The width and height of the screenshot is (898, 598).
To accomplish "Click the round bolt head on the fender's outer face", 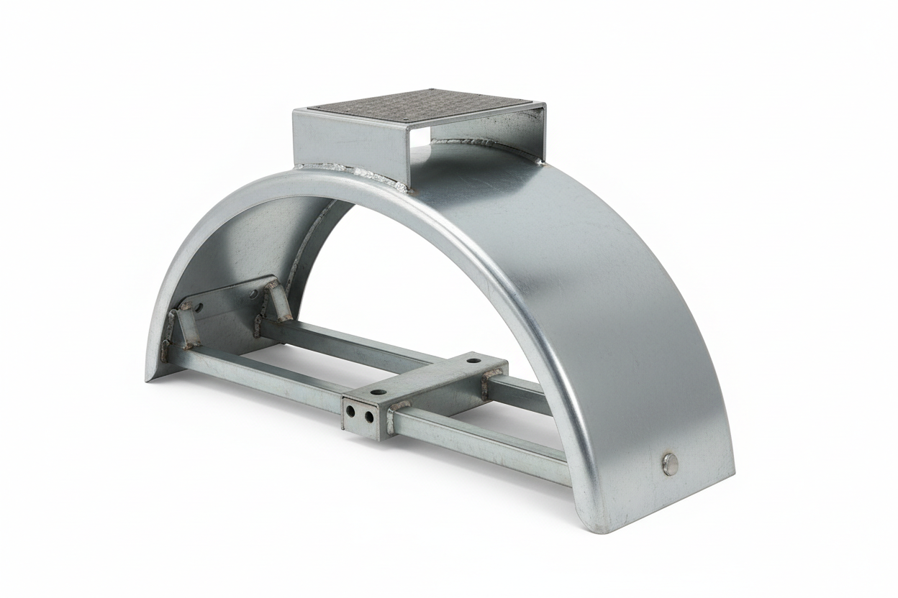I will tap(670, 464).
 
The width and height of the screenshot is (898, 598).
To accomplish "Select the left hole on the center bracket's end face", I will tap(351, 413).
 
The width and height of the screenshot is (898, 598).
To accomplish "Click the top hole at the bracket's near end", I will tap(378, 392).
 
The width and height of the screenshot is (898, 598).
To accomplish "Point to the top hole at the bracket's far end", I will tap(473, 358).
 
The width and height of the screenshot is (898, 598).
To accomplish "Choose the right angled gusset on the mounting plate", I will tap(278, 300).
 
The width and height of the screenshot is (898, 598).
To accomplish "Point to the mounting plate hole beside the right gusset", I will tap(255, 294).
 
